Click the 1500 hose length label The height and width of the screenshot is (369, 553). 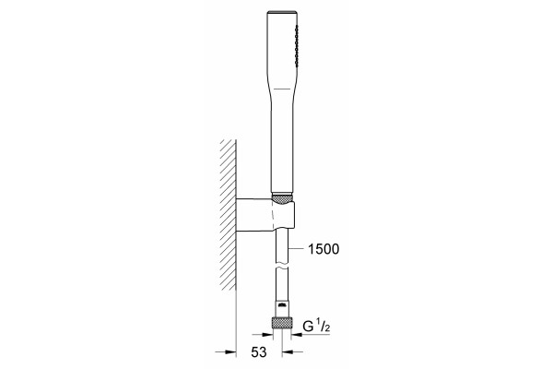pos(324,249)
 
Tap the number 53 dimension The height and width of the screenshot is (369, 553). pos(258,352)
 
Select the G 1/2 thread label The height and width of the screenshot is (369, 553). pos(316,327)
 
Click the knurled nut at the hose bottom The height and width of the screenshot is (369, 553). pos(281,323)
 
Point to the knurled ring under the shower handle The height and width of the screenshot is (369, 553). pos(282,198)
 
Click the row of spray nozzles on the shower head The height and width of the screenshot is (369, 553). pos(297,45)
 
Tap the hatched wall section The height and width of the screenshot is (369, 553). pos(228,215)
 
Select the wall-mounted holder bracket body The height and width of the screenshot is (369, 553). pos(265,215)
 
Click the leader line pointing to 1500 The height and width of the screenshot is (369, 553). pos(296,249)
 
